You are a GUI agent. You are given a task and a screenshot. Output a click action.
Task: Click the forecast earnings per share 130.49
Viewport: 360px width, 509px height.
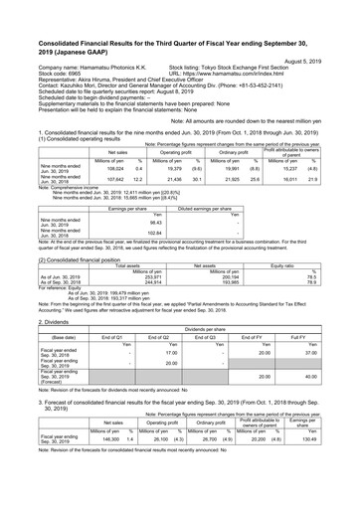(x=333, y=438)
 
